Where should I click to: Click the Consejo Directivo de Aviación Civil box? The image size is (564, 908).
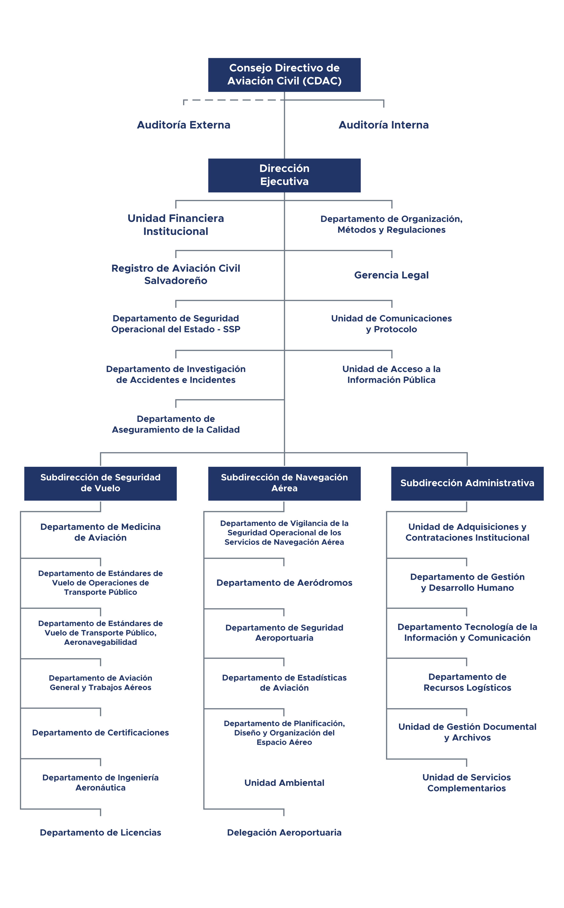[x=284, y=75]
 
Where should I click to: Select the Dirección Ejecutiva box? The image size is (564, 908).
[x=284, y=175]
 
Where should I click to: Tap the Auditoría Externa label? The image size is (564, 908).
[x=184, y=125]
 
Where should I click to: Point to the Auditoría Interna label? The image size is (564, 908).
[x=384, y=125]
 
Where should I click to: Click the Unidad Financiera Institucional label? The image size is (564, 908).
[x=176, y=224]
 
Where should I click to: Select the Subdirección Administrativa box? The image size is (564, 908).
[x=467, y=483]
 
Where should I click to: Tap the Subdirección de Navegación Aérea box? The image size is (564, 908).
[x=284, y=483]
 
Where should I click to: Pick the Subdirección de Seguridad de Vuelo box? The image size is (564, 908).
[x=100, y=483]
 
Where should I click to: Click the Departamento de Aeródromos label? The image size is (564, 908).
[x=284, y=583]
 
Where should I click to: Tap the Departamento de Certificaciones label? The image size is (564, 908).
[x=100, y=732]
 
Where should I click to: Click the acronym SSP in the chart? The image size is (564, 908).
[x=232, y=329]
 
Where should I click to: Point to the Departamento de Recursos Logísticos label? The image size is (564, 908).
[x=467, y=682]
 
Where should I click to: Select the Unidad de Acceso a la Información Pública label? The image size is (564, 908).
[x=391, y=374]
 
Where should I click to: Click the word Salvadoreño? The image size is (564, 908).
[x=176, y=280]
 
